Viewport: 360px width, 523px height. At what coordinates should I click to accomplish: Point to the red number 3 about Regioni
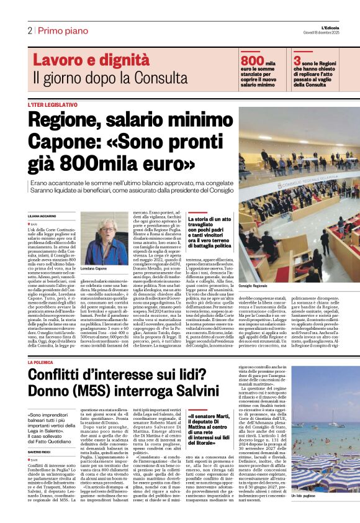pyautogui.click(x=297, y=60)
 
